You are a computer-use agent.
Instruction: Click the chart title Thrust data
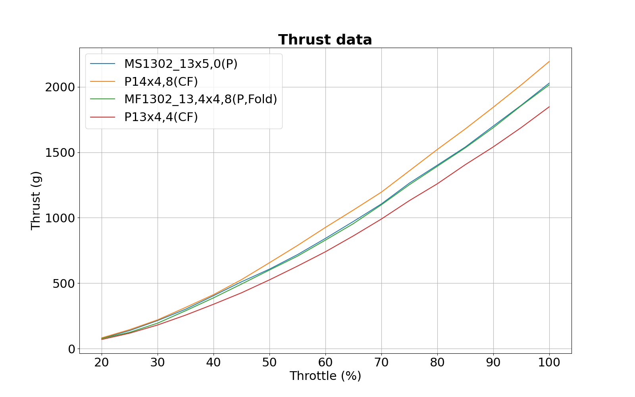click(325, 40)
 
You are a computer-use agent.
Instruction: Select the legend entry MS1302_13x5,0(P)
click(181, 64)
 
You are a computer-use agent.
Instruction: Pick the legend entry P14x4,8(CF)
click(161, 82)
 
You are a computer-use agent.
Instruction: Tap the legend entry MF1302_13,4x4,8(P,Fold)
click(200, 99)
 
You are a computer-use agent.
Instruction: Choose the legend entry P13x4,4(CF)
click(161, 117)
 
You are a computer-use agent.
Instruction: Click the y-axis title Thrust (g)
click(36, 200)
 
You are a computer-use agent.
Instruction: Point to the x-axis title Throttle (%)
click(325, 376)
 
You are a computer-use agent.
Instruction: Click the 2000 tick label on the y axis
click(60, 87)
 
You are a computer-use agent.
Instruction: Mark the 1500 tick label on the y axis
click(60, 153)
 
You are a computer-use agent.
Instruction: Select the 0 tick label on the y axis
click(71, 349)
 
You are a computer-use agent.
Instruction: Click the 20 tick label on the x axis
click(102, 362)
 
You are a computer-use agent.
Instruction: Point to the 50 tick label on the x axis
click(269, 362)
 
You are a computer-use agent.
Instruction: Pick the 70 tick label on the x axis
click(381, 362)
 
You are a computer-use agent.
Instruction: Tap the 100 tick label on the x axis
click(549, 362)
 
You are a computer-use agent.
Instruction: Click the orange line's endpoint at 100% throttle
click(549, 62)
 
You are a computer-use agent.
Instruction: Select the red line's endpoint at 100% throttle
click(549, 106)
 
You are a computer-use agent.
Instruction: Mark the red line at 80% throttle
click(437, 183)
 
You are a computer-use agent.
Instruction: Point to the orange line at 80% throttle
click(437, 149)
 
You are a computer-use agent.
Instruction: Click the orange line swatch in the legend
click(102, 82)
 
